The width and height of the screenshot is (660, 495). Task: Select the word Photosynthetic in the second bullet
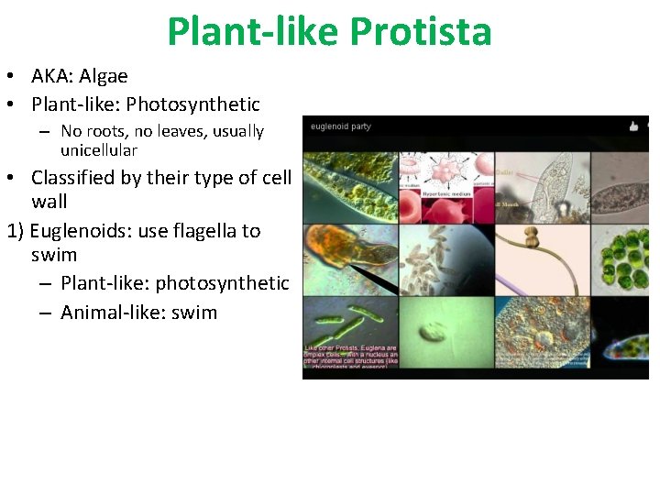click(x=193, y=104)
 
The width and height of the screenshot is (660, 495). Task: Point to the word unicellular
click(x=99, y=150)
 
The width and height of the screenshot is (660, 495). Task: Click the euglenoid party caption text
click(x=341, y=126)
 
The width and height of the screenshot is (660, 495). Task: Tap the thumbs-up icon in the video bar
click(x=632, y=126)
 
